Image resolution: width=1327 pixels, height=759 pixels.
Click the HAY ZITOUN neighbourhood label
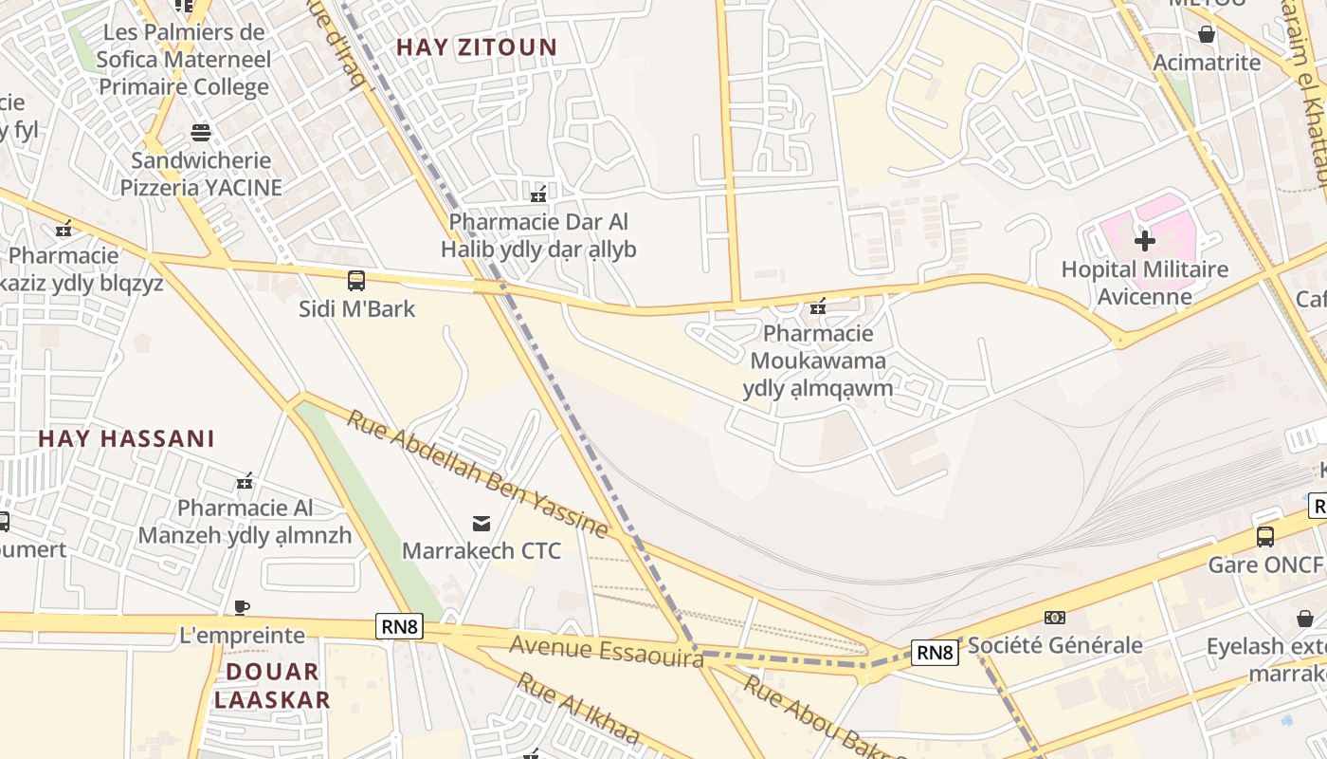[x=477, y=46]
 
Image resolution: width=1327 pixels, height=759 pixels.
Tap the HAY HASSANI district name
[x=126, y=438]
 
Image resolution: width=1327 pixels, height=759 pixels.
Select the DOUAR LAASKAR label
[x=271, y=686]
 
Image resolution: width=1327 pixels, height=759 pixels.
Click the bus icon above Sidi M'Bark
[x=356, y=281]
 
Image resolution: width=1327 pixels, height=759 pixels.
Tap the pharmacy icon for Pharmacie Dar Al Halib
[x=538, y=194]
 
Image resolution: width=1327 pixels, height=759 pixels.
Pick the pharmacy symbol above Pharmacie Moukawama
[x=818, y=306]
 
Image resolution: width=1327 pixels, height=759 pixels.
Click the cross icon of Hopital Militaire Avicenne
[x=1145, y=241]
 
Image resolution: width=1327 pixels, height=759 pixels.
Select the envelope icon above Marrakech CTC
[x=482, y=523]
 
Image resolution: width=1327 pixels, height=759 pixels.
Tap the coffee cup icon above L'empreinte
[x=242, y=607]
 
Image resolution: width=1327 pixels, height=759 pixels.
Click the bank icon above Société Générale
[x=1055, y=618]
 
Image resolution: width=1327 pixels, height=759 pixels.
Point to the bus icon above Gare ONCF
[x=1265, y=537]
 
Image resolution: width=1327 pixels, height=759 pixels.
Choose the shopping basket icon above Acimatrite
[x=1207, y=35]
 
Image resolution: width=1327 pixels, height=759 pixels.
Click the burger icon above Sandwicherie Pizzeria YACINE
[x=201, y=132]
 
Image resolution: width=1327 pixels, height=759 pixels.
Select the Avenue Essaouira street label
[x=607, y=651]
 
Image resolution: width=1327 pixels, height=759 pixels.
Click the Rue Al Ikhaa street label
[x=577, y=708]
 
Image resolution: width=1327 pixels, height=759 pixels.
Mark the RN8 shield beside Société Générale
[x=935, y=652]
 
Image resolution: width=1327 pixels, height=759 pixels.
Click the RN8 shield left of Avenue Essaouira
[x=399, y=626]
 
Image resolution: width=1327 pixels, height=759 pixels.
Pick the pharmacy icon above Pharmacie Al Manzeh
[x=245, y=482]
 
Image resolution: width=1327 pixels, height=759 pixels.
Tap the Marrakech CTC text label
[x=482, y=550]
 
